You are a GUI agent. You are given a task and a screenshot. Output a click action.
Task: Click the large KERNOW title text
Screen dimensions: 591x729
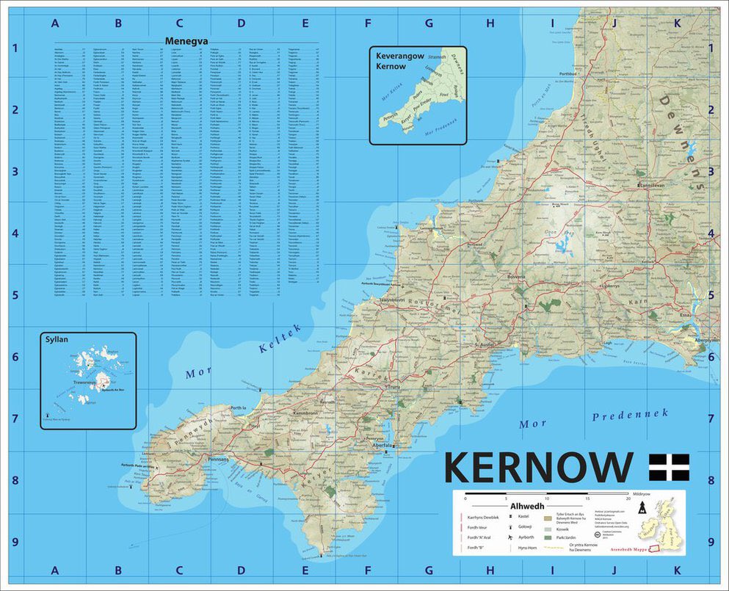[538, 467]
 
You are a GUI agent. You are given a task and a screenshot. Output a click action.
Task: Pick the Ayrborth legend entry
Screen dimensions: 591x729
[526, 537]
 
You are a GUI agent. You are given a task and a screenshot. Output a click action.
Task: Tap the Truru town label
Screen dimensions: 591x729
[393, 387]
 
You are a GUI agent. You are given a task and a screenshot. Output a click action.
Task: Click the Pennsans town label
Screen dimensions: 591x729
[219, 460]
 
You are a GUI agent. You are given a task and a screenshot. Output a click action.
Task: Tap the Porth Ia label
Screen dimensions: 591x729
[238, 407]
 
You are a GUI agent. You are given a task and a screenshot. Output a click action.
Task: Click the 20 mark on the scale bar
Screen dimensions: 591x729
[628, 498]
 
